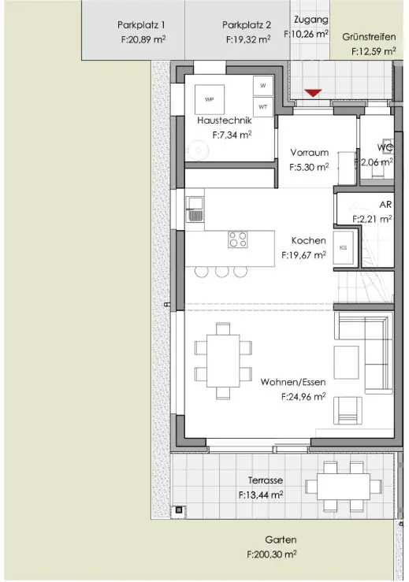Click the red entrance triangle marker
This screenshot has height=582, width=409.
pos(313,93)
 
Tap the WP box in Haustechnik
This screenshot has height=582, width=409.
pos(210,99)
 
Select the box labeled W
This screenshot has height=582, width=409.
pos(263,86)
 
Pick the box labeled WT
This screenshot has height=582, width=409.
pos(263,107)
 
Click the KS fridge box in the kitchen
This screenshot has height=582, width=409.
pos(343,247)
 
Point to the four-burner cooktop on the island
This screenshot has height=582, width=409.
pos(238,239)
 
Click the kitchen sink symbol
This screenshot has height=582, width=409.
pos(195,209)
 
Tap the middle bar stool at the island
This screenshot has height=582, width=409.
pos(221,272)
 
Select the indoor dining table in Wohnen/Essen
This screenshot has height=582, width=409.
pos(223,361)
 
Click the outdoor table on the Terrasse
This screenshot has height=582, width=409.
pos(344,486)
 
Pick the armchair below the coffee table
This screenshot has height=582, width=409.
pos(348,410)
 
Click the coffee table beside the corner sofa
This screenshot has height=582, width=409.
pos(346,362)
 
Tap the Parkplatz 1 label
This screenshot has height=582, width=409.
pos(141,25)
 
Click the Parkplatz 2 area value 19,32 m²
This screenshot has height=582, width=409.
pos(252,39)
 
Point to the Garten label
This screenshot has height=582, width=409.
pos(281,539)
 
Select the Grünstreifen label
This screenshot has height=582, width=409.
pos(369,37)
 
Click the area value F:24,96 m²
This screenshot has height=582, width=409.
pos(303,396)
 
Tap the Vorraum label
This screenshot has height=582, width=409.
pos(310,153)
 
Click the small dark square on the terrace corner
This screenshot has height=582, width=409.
pos(179,510)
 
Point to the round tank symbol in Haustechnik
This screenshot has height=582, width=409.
pos(199,150)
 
